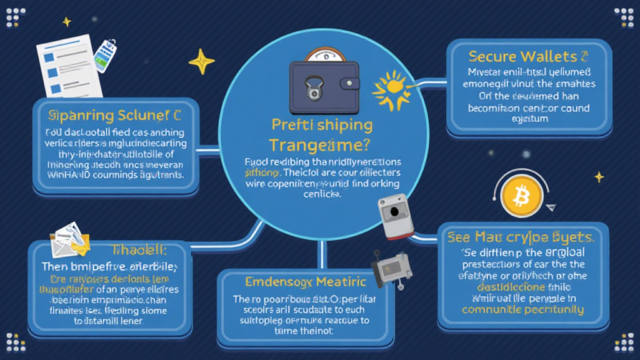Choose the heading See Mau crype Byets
[x=520, y=237]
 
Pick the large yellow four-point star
[x=201, y=61]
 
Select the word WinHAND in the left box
[x=67, y=174]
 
